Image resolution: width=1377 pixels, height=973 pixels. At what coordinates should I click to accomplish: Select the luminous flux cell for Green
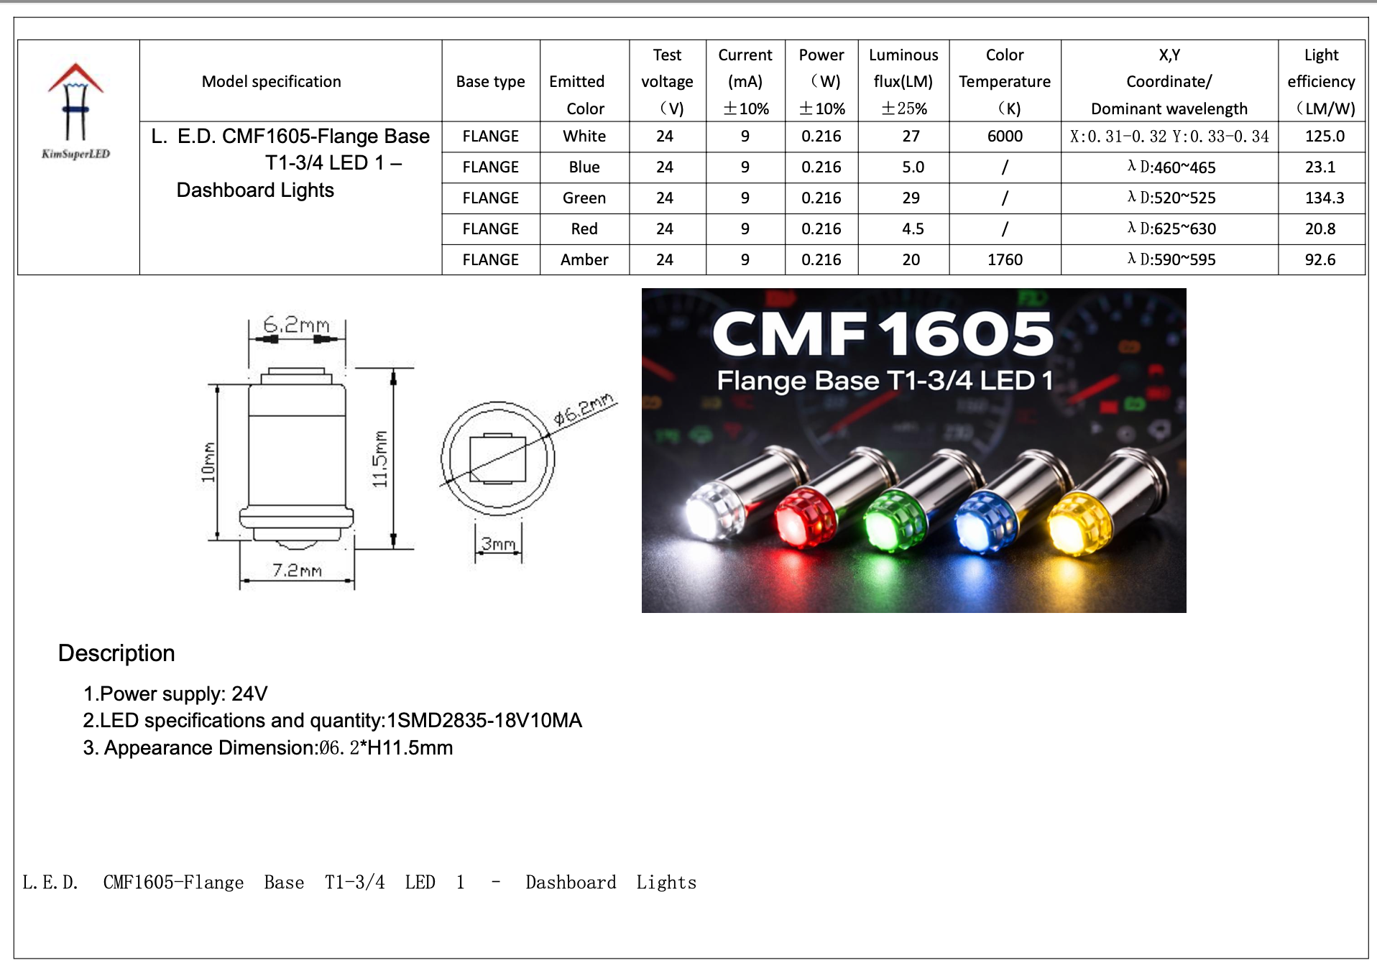coord(911,198)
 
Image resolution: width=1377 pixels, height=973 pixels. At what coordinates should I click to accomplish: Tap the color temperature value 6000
coord(1004,136)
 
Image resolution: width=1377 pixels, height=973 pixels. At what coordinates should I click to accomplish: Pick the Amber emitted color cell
coord(584,259)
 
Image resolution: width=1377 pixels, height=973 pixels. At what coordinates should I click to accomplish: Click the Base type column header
coord(490,81)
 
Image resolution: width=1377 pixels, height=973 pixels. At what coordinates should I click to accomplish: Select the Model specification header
coord(271,81)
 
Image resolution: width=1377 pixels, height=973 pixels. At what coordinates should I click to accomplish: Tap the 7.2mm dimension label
coord(297,571)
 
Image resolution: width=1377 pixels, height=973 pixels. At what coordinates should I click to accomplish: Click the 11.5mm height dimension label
coord(380,459)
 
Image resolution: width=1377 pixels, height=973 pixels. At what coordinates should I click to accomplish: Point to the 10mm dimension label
coord(208,462)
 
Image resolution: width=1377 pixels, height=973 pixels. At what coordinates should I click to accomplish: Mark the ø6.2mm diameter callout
coord(584,408)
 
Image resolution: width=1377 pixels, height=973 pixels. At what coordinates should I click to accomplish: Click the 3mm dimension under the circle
coord(498,544)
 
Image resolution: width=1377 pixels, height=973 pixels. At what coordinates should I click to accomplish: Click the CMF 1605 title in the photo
coord(883,334)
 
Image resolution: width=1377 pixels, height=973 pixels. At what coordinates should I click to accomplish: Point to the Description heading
coord(116,652)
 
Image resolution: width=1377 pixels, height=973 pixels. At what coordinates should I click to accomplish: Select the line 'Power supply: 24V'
coord(175,693)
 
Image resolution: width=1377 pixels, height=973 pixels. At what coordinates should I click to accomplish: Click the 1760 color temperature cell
coord(1004,259)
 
